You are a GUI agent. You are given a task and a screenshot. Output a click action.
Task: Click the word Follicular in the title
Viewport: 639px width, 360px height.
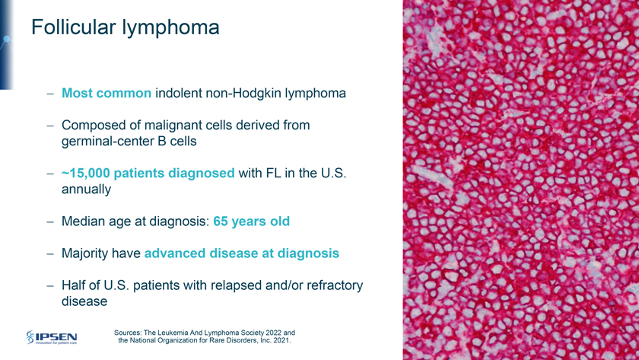pyautogui.click(x=73, y=27)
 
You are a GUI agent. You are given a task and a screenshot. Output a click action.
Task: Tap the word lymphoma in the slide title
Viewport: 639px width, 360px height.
pyautogui.click(x=170, y=28)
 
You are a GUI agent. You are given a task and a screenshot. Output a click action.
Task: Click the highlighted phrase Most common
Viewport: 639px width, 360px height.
pyautogui.click(x=106, y=93)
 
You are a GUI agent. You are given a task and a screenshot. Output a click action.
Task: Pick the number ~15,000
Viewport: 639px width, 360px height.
pyautogui.click(x=85, y=174)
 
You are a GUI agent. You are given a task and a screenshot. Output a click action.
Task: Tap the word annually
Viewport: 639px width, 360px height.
pyautogui.click(x=86, y=190)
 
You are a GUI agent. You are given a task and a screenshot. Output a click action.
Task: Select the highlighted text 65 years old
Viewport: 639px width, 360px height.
pyautogui.click(x=252, y=221)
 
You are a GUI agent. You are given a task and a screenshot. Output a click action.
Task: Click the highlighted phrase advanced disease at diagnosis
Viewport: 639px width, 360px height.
pyautogui.click(x=242, y=253)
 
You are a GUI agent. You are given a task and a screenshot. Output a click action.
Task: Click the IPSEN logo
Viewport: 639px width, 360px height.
pyautogui.click(x=52, y=337)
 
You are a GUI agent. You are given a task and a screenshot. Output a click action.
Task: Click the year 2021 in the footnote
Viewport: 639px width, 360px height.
pyautogui.click(x=283, y=340)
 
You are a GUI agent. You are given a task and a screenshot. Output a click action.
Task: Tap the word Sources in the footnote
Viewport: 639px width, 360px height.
pyautogui.click(x=128, y=333)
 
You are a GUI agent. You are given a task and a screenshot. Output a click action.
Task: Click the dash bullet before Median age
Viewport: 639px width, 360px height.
pyautogui.click(x=50, y=222)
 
